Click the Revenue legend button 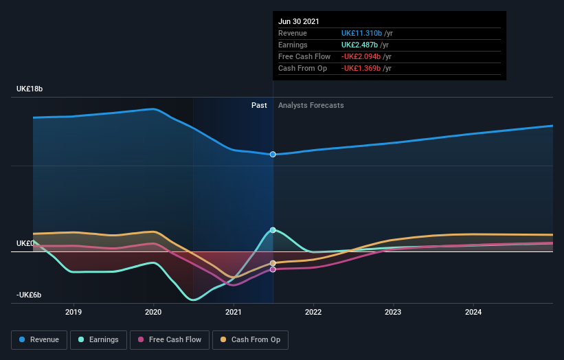point(40,339)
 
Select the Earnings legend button point(98,339)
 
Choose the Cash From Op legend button point(251,339)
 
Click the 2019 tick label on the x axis point(74,312)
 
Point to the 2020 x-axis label point(153,312)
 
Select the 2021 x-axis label point(234,312)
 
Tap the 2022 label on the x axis point(313,312)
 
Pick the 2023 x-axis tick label point(393,312)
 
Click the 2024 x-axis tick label point(473,312)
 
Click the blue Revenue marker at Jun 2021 point(273,155)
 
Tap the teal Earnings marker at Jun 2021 point(273,230)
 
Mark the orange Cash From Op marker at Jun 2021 point(273,263)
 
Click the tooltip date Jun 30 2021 point(299,22)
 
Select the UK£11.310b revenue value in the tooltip point(362,33)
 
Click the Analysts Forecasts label point(311,105)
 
